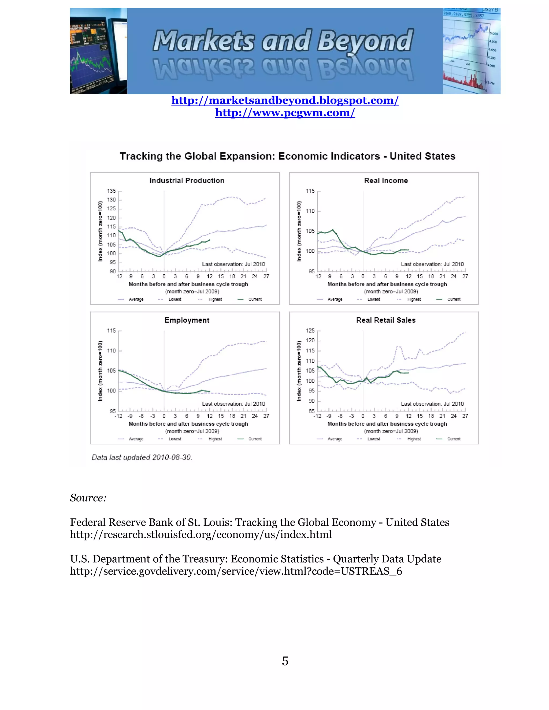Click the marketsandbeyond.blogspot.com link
pos(285,100)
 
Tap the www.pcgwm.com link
pos(285,113)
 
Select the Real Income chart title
pos(386,180)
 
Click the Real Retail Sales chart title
pos(386,320)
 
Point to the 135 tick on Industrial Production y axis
pos(111,191)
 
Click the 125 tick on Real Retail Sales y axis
pos(310,331)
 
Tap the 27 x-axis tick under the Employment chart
pos(266,416)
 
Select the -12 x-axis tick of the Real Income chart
pos(317,276)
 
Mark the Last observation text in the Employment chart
pos(233,404)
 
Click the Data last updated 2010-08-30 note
pos(142,457)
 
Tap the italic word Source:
pos(88,498)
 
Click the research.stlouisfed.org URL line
pos(201,535)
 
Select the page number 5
pos(285,661)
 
